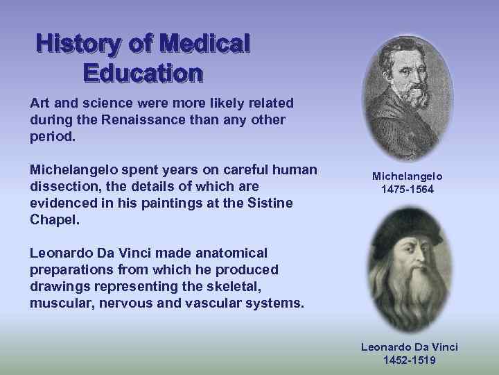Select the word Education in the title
pyautogui.click(x=142, y=72)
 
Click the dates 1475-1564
pyautogui.click(x=408, y=189)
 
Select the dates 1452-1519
pyautogui.click(x=409, y=360)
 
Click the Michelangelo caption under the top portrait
pyautogui.click(x=408, y=176)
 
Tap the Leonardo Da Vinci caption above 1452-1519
pyautogui.click(x=409, y=347)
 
